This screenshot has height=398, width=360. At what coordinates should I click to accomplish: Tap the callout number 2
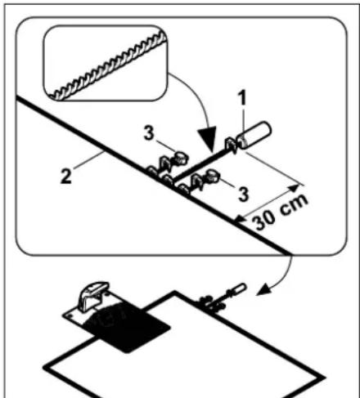[66, 177]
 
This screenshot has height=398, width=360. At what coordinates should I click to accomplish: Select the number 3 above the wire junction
[149, 134]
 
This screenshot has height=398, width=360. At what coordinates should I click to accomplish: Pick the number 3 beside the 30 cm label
[244, 195]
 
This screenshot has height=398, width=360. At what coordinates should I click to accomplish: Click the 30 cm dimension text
[281, 212]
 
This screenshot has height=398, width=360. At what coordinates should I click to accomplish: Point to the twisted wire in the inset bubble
[106, 67]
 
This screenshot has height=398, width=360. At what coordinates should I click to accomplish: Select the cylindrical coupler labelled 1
[254, 135]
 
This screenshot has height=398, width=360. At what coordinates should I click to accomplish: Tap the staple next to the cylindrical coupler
[231, 145]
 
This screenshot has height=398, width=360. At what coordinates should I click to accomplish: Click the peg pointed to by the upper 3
[180, 158]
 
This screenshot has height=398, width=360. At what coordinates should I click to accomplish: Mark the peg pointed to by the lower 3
[212, 175]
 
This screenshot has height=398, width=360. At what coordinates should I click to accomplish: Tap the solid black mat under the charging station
[128, 327]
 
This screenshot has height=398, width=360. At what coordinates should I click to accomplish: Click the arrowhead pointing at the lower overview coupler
[263, 291]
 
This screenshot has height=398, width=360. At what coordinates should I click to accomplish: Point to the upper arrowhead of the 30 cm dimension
[294, 188]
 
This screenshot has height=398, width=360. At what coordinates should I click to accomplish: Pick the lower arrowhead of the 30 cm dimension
[240, 219]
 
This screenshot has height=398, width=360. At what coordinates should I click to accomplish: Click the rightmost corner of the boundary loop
[324, 378]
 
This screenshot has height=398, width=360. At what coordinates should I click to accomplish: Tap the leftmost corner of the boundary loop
[45, 367]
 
